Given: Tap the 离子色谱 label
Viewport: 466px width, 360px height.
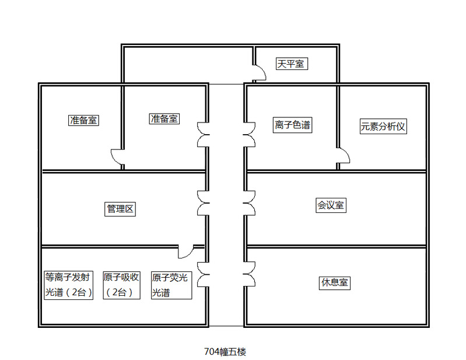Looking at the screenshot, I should tap(292, 125).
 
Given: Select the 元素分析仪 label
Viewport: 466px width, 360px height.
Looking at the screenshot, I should tap(383, 126).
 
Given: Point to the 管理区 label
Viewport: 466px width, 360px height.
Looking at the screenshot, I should tap(121, 209).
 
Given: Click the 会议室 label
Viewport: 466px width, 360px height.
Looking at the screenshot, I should tap(331, 205).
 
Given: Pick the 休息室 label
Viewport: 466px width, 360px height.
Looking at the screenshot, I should tap(335, 282).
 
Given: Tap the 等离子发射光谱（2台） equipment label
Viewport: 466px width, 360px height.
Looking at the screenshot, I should tap(69, 285).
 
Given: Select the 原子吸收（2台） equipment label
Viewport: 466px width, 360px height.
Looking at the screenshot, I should tap(121, 285).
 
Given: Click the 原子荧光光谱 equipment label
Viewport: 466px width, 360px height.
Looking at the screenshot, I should tap(171, 285).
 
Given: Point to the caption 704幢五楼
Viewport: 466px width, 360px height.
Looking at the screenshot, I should tap(225, 352).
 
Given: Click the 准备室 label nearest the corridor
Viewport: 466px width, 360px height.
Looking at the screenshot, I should tap(164, 118).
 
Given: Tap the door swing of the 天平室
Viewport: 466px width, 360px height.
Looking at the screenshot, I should tap(260, 73).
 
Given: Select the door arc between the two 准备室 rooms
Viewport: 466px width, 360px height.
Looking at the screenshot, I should tap(117, 158).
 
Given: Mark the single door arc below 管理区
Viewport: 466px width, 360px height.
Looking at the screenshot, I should tap(185, 251).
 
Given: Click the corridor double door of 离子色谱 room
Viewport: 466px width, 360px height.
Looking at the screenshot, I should tap(250, 134).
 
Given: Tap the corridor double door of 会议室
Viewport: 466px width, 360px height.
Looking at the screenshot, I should tap(250, 203).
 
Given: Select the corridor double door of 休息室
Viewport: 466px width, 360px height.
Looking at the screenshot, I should tap(250, 274).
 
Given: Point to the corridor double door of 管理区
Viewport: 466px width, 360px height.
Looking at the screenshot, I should tap(203, 203).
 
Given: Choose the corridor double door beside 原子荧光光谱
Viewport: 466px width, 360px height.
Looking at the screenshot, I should tap(203, 274).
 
